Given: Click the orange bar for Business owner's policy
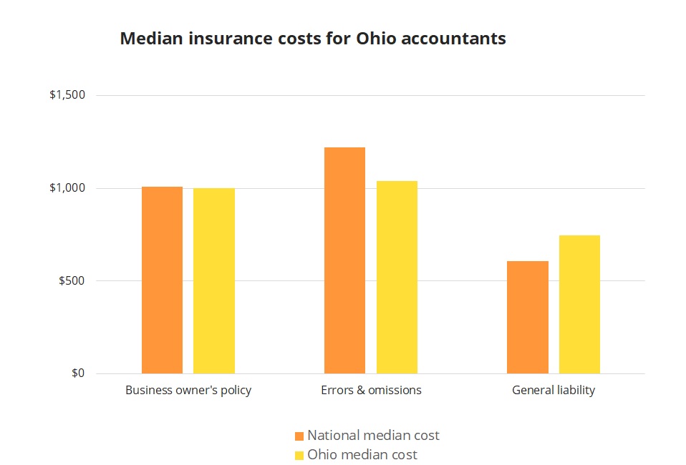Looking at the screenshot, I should pos(162,280).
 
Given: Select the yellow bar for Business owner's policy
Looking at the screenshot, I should pos(214,280).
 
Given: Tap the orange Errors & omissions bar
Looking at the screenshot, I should pos(344,260).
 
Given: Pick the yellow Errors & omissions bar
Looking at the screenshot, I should pos(397,277).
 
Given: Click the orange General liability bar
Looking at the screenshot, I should pos(527,317).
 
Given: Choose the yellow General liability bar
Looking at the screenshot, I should pos(579,304).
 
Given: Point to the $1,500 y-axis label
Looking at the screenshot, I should pos(67,95).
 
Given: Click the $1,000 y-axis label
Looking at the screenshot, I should pos(67,188).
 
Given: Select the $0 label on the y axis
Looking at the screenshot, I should pos(77,373).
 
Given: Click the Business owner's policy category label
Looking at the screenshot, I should pos(188,391).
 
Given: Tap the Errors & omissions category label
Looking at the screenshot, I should pos(371,391).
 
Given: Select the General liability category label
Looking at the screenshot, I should pos(554,391).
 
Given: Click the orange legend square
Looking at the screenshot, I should pos(299,436).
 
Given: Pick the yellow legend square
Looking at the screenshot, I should pos(299,455).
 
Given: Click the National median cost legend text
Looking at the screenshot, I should pos(373,435).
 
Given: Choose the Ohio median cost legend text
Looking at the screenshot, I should pos(362,454).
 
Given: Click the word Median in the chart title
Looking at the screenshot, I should pos(146,39).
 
